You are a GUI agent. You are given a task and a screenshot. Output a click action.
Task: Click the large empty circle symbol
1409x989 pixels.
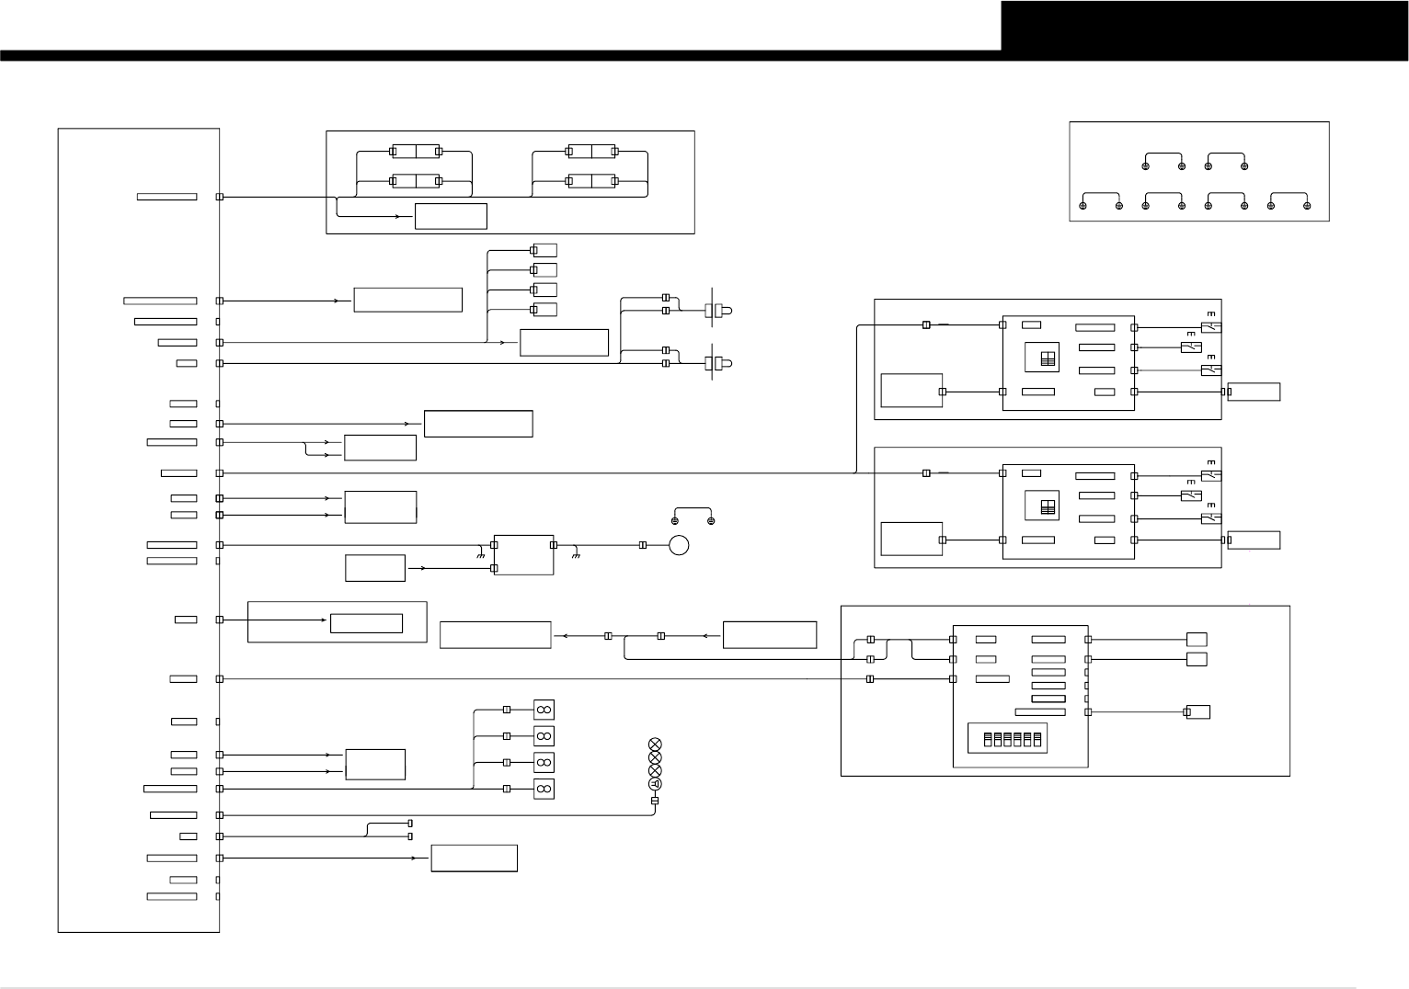coord(679,545)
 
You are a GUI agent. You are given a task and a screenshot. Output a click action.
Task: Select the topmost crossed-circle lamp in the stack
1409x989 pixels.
coord(655,745)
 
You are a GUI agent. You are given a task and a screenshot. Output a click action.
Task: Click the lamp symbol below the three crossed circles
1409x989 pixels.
coord(655,784)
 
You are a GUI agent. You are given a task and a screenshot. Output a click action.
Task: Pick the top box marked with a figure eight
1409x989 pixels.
coord(544,710)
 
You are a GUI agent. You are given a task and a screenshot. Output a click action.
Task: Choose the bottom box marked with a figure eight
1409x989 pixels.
coord(544,789)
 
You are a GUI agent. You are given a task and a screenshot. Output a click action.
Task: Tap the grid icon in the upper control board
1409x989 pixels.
coord(1046,359)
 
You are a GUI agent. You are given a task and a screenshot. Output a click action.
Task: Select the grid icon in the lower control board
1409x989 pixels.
coord(1046,506)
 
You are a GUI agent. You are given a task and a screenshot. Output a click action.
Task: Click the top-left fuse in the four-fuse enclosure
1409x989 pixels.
coord(415,151)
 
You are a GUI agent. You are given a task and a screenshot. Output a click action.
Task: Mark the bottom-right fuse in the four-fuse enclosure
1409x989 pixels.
coord(590,180)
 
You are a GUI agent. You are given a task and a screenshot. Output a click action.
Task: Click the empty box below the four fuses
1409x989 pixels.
coord(451,217)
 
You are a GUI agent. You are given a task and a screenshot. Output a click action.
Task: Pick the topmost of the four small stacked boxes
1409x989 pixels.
coord(544,250)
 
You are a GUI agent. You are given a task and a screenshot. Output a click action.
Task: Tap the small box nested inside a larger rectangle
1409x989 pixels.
coord(366,623)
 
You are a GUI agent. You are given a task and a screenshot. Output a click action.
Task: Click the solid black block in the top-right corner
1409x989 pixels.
coord(1204,26)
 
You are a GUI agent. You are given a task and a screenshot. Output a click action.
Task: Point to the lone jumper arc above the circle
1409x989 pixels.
coord(693,514)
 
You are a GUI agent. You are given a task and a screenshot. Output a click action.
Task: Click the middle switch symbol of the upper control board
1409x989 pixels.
coord(1191,347)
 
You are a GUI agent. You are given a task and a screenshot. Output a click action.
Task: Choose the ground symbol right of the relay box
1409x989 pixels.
coord(575,555)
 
